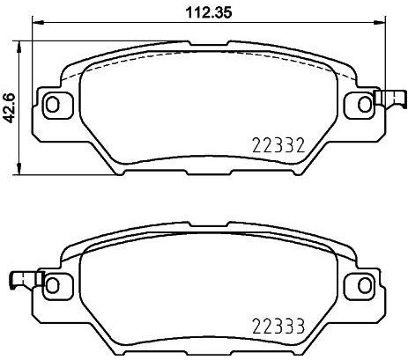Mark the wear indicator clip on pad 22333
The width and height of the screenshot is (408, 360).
click(23, 280)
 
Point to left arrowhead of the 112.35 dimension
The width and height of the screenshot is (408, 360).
click(36, 26)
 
